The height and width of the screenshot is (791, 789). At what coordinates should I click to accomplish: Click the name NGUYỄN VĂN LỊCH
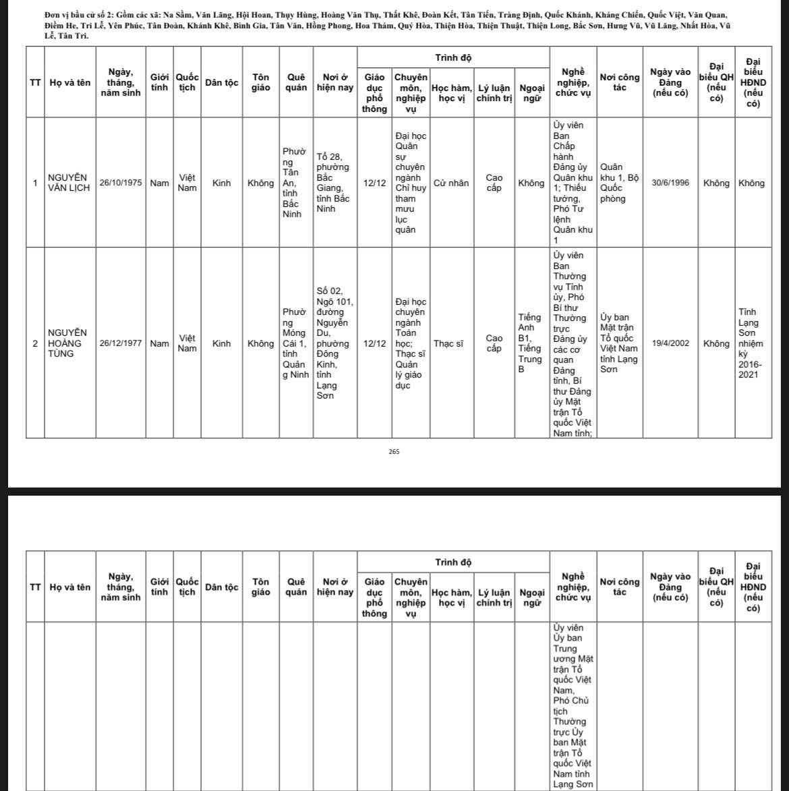(x=68, y=183)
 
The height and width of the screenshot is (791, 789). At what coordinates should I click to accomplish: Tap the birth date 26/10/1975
(x=121, y=183)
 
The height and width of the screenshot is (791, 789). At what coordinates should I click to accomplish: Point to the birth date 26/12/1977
(x=121, y=343)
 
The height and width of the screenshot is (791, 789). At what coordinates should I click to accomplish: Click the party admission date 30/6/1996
(x=670, y=183)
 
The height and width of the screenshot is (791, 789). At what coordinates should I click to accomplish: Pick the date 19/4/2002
(x=670, y=343)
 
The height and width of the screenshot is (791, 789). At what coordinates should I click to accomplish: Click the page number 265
(x=394, y=452)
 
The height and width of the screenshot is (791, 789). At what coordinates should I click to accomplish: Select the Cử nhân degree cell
(x=451, y=183)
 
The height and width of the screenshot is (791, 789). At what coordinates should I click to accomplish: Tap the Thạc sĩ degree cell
(x=448, y=343)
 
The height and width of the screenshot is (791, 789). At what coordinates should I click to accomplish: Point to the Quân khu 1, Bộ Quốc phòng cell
(x=618, y=183)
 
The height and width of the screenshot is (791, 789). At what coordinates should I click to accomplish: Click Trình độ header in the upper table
(x=452, y=58)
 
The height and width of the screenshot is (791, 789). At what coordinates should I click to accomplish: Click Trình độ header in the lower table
(x=452, y=562)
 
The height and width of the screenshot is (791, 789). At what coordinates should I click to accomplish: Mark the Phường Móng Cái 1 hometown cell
(x=295, y=343)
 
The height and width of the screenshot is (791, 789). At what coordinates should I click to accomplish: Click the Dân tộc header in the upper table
(x=221, y=83)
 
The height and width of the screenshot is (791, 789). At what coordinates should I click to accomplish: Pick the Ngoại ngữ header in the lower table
(x=532, y=597)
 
